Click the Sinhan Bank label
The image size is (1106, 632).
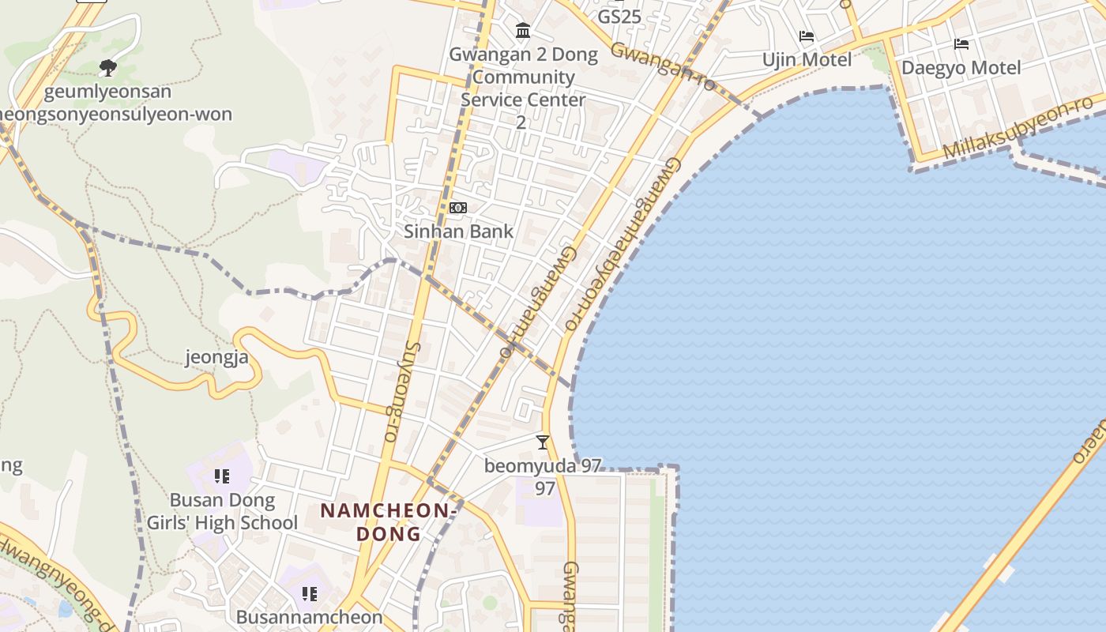point(458,231)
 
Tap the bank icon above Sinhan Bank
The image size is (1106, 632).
point(458,208)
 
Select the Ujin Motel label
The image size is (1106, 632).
point(807,60)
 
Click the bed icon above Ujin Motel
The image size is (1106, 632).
point(807,36)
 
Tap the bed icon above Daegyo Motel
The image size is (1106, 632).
point(961,44)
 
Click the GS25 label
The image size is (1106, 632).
point(619,17)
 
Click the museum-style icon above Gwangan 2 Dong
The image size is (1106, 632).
point(523,31)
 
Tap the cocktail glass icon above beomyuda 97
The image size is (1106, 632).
point(543,442)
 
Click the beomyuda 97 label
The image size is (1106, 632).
point(543,466)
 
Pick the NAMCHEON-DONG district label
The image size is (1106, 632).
point(388,521)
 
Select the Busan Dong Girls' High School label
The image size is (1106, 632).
point(223,511)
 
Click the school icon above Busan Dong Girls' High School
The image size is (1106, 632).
point(222,476)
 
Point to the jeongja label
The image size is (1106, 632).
point(216,357)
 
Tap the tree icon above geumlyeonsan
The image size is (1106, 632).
point(108,68)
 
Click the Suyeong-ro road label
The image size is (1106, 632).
point(402,391)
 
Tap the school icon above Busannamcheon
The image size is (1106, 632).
point(310,593)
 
